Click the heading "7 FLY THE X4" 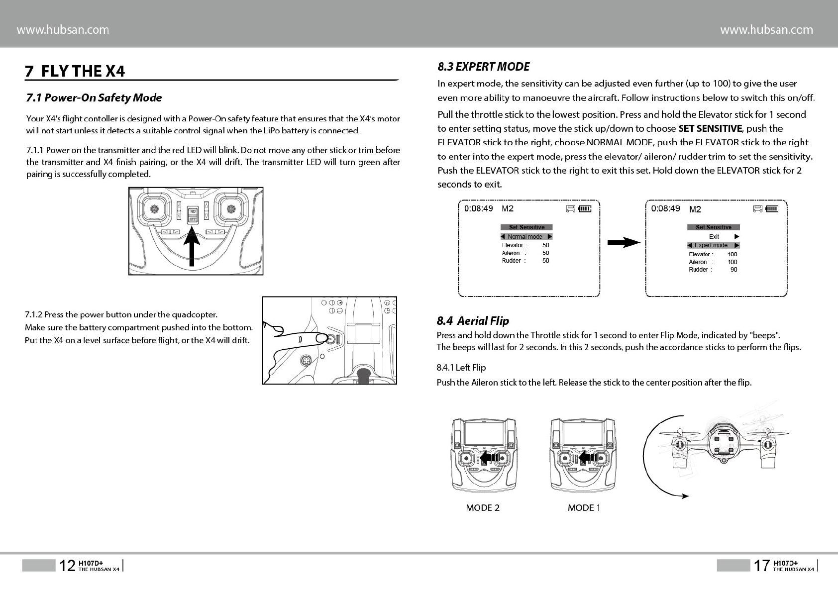click(75, 71)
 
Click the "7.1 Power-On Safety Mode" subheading click(94, 98)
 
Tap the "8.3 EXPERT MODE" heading click(483, 67)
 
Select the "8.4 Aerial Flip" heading click(473, 321)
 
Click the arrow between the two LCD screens click(623, 243)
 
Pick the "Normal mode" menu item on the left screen click(526, 237)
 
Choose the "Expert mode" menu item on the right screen click(713, 245)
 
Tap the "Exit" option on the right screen click(714, 237)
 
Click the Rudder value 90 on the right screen click(733, 270)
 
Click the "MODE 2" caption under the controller click(483, 507)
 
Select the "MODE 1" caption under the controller click(584, 507)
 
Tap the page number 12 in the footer click(67, 566)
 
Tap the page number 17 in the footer click(761, 566)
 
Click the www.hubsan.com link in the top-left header click(63, 30)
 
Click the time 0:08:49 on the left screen click(478, 208)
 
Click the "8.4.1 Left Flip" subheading click(461, 368)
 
